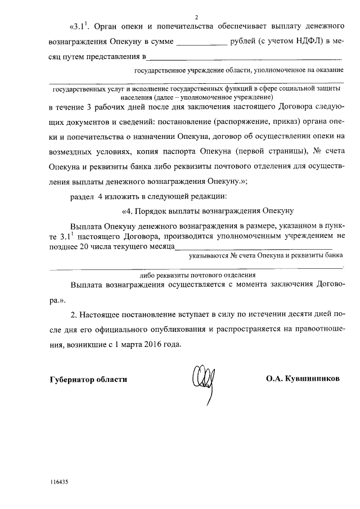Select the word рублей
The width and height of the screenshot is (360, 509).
tap(245, 42)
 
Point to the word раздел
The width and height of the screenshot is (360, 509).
tap(82, 196)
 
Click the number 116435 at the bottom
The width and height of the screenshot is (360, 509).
tap(59, 482)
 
